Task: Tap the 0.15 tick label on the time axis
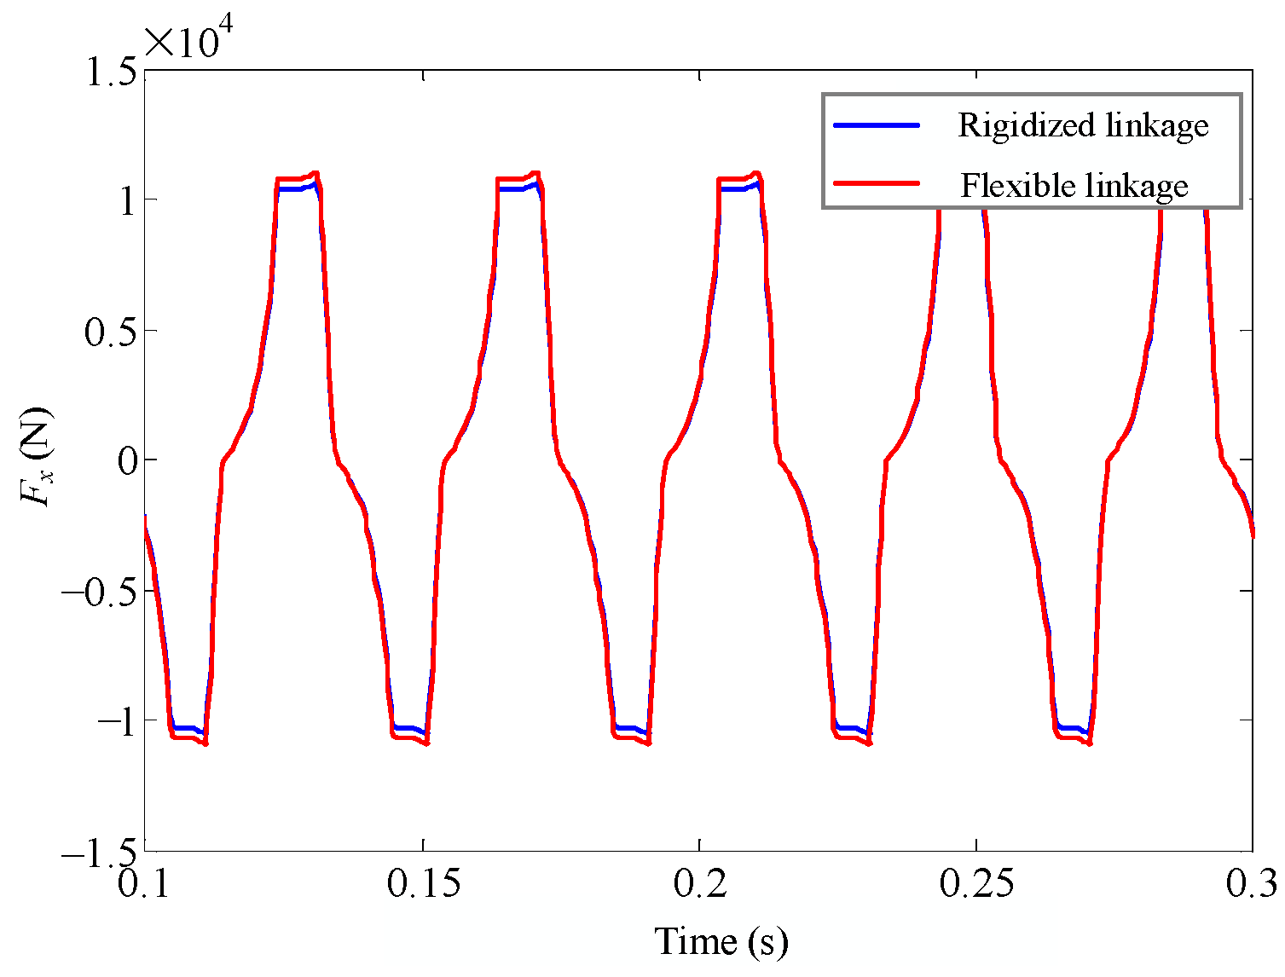click(x=423, y=884)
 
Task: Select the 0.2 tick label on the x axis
click(x=699, y=884)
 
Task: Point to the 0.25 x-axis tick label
click(x=976, y=884)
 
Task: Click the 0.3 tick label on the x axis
click(x=1251, y=884)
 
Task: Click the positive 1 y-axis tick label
click(x=125, y=201)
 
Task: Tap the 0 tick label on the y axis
click(x=126, y=461)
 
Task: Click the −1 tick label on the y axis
click(x=115, y=722)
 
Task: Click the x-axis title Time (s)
click(x=721, y=942)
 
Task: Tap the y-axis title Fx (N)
click(x=37, y=459)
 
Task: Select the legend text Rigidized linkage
click(x=1083, y=125)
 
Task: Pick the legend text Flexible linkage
click(x=1074, y=185)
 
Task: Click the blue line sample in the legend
click(x=877, y=125)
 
